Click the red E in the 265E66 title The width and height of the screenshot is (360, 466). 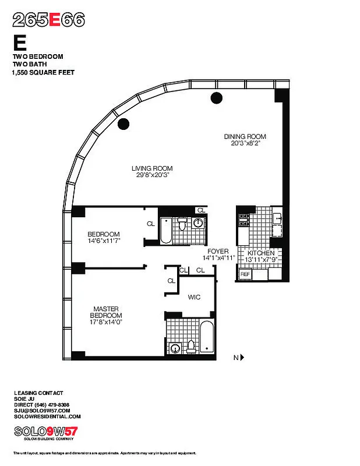point(54,20)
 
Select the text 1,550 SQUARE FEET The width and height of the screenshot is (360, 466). point(43,72)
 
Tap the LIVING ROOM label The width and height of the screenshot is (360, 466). point(151,169)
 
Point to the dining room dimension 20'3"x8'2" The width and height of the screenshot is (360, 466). point(241,144)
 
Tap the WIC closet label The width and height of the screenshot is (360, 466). point(194,297)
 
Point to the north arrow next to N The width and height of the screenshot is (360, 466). point(242,358)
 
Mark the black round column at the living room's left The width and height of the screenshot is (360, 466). point(123,123)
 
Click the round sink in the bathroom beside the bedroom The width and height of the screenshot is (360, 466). point(199,223)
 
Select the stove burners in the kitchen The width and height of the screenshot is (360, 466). point(243,220)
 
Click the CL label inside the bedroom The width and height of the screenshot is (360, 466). point(150,223)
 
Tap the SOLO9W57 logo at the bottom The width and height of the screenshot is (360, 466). point(45,432)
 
